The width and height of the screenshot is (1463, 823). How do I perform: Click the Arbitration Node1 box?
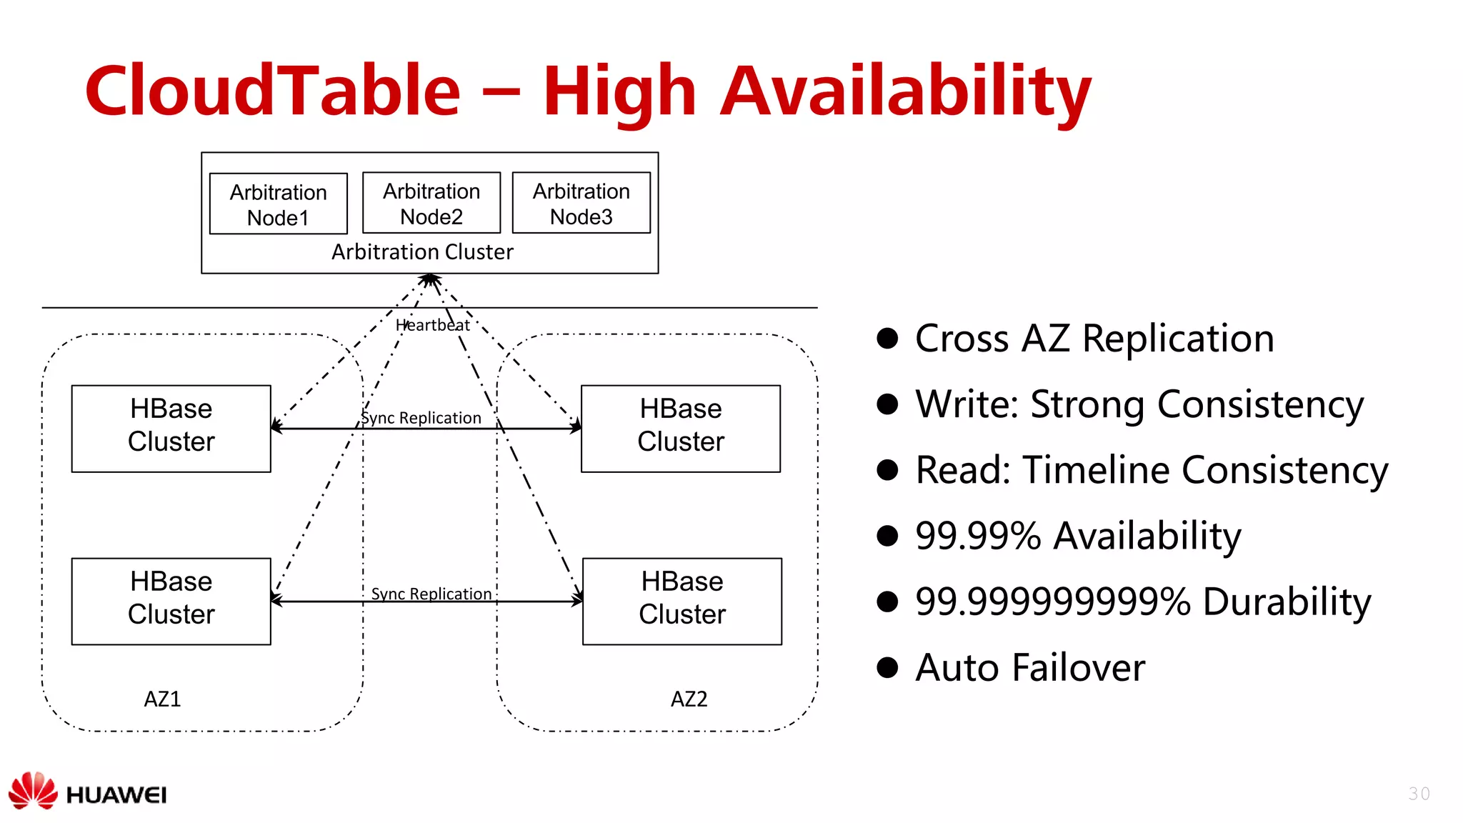[278, 204]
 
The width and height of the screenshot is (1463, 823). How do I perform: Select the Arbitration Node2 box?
[431, 204]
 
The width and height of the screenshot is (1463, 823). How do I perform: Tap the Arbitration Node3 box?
[581, 204]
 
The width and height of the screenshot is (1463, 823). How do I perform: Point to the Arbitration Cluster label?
[422, 252]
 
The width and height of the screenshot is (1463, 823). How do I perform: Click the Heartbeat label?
[433, 325]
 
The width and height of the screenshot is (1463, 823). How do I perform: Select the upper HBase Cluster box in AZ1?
[171, 429]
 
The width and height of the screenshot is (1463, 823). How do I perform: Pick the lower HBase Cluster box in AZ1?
[171, 602]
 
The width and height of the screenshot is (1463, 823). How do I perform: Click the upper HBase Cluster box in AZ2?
[681, 429]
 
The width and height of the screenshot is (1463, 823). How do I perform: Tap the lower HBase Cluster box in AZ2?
[682, 602]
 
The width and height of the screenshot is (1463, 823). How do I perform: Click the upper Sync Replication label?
[421, 418]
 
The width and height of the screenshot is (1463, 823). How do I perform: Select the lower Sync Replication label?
[431, 594]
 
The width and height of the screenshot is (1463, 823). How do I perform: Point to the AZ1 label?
[163, 699]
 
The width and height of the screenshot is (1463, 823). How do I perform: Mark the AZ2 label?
[689, 699]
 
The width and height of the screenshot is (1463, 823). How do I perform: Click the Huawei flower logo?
[33, 791]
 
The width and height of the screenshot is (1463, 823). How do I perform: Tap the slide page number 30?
[1419, 794]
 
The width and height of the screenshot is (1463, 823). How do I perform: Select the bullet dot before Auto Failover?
[887, 667]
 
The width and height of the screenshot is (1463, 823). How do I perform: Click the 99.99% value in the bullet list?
[978, 536]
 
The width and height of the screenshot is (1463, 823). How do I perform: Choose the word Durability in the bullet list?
[1287, 602]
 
